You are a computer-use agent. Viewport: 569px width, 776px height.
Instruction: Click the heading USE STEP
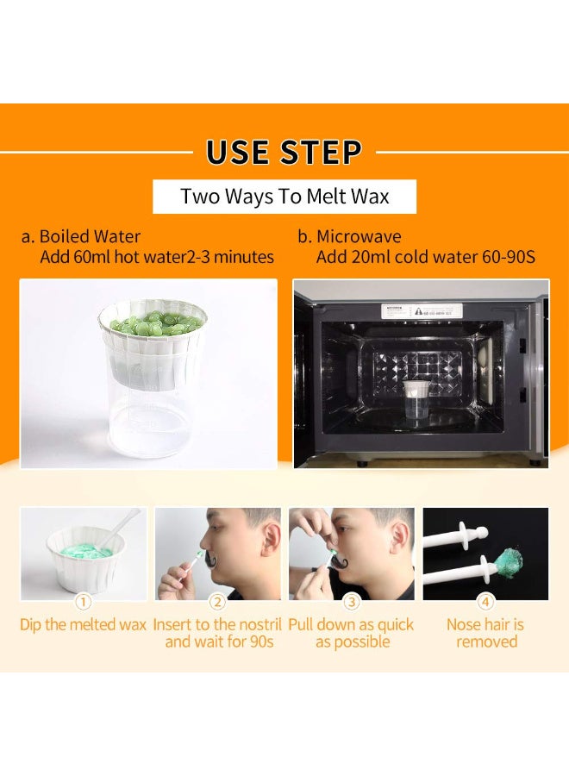tap(284, 152)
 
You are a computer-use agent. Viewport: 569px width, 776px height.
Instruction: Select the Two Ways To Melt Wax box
tap(284, 197)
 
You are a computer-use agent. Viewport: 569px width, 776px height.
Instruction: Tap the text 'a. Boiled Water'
tap(81, 236)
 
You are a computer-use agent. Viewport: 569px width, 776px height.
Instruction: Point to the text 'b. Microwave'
tap(349, 236)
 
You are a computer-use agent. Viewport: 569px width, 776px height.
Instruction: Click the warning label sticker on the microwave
tap(422, 310)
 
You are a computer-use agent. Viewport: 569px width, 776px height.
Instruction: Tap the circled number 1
tap(83, 602)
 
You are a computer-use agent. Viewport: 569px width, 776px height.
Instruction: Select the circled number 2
tap(217, 602)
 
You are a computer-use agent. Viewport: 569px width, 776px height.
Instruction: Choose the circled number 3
tap(351, 602)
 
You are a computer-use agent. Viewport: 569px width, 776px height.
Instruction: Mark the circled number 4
tap(485, 602)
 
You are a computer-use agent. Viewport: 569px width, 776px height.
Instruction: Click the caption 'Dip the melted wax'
tap(83, 624)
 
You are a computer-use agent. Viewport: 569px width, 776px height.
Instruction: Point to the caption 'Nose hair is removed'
tap(485, 633)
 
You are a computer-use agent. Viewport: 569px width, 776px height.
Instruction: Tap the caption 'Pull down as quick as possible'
tap(351, 633)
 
